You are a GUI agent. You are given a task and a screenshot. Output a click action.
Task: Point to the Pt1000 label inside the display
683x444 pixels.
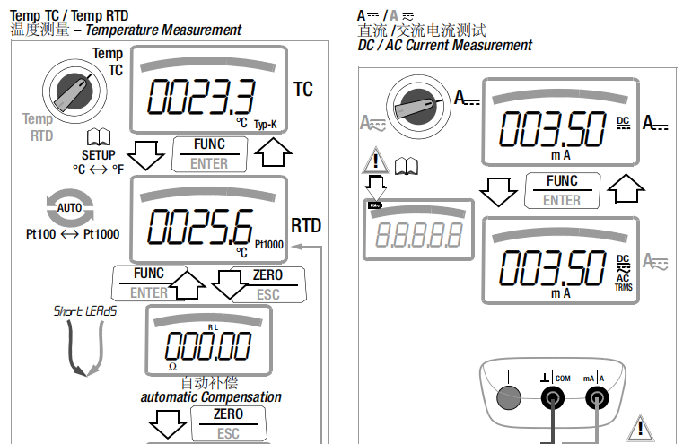[x=268, y=244]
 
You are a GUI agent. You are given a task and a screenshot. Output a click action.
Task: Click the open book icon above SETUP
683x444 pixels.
[x=98, y=137]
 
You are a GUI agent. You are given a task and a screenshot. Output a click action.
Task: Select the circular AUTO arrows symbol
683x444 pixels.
[x=70, y=208]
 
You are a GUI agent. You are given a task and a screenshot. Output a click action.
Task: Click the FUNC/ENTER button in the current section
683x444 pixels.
[x=562, y=191]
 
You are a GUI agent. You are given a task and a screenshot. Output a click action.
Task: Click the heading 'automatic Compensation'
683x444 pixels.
[x=211, y=396]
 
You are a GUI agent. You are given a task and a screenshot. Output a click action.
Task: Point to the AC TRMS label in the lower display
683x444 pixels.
[x=623, y=283]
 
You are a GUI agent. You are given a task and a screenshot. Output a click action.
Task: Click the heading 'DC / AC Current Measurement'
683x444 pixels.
[x=444, y=45]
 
